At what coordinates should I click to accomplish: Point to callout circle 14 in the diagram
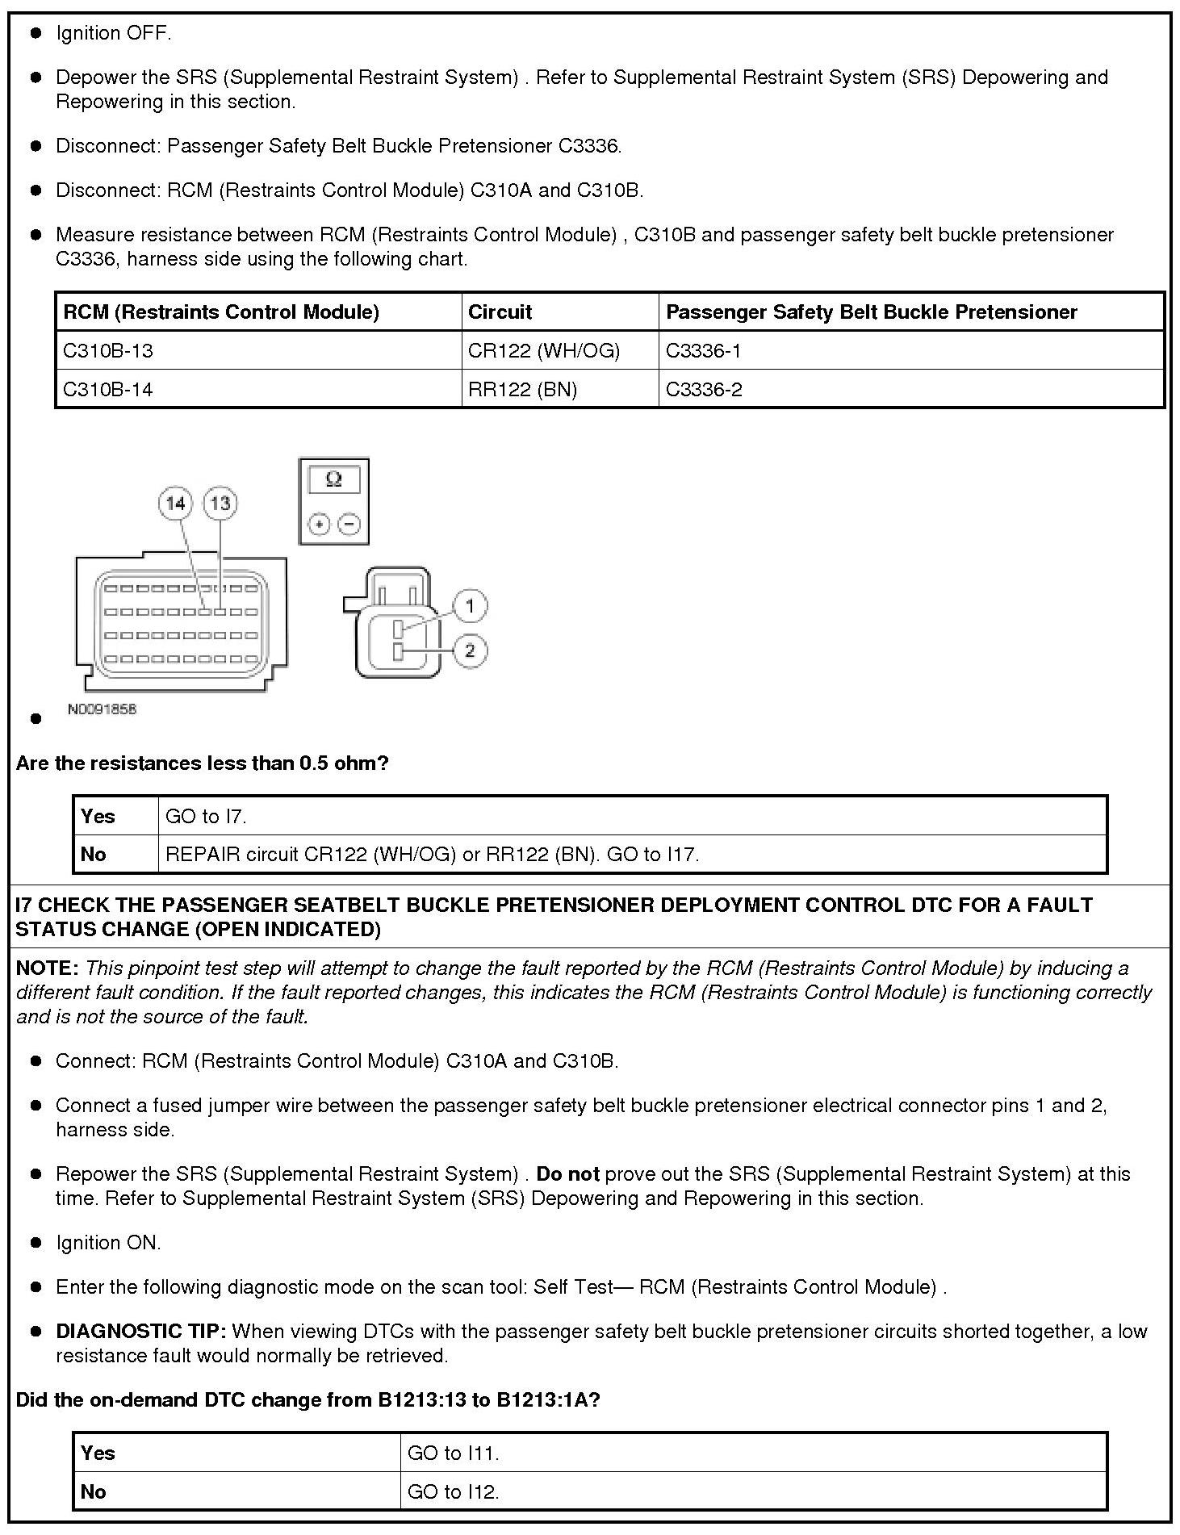coord(175,504)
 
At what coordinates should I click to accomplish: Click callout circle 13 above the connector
coord(220,504)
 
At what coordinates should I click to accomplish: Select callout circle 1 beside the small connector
coord(470,605)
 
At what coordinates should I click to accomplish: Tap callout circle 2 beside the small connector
coord(470,650)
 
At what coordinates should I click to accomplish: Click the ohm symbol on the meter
coord(333,480)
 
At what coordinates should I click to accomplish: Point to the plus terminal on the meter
coord(320,525)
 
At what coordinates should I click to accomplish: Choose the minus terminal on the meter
coord(349,525)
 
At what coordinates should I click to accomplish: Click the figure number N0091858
coord(102,709)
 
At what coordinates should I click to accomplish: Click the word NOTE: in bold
coord(47,968)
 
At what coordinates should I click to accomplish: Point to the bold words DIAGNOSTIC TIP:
coord(140,1332)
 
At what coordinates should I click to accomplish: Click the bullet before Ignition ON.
coord(36,1244)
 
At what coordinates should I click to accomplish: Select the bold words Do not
coord(567,1174)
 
